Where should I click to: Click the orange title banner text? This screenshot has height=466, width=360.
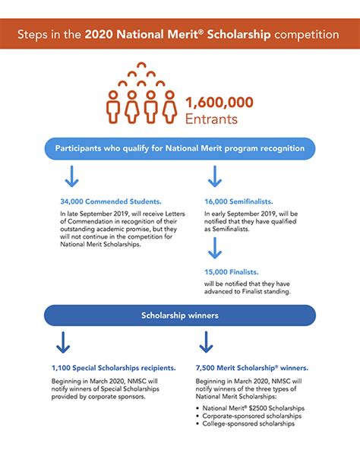pos(179,35)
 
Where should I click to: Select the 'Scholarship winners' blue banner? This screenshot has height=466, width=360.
pos(180,314)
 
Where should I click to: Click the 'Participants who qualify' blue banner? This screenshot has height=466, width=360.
pos(180,147)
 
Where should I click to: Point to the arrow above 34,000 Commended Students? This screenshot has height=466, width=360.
pos(71,177)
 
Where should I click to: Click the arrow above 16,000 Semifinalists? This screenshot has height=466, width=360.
pos(214,177)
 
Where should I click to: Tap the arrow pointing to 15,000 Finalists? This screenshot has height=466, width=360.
pos(214,248)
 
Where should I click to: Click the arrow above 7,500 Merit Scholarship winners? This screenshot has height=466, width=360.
pos(205,341)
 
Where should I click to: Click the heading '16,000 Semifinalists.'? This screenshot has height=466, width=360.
pos(237,202)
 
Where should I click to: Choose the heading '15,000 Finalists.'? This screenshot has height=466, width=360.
pos(231,271)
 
